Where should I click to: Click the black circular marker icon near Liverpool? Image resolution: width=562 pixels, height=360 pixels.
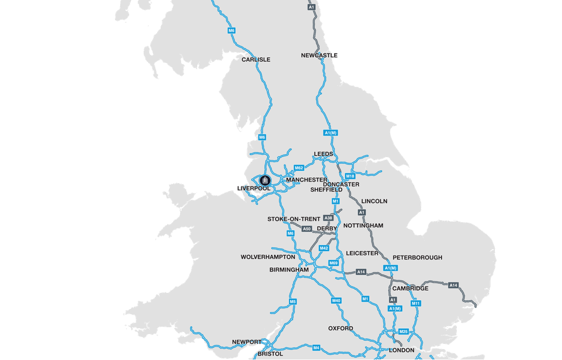[265, 181]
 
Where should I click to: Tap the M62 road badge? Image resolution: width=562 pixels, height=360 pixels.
[299, 168]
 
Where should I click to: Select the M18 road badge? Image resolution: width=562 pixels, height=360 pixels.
[350, 176]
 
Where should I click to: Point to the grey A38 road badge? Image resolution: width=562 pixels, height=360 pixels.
[328, 218]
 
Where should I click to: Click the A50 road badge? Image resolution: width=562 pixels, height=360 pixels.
[306, 229]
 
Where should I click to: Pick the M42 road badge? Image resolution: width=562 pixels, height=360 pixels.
[324, 248]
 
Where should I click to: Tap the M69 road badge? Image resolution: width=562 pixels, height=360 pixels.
[334, 263]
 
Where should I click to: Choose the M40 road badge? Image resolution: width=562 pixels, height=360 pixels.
[336, 301]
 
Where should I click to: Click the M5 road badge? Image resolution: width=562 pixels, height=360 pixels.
[292, 302]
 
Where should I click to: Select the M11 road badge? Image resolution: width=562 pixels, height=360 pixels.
[415, 303]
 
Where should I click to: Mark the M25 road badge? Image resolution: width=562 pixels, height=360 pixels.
[403, 331]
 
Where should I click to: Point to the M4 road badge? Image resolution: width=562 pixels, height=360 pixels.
[316, 348]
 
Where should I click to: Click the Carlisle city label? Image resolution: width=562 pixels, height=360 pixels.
[256, 60]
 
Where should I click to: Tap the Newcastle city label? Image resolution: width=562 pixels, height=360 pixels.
[319, 56]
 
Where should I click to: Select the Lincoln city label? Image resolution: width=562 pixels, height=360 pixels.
[374, 201]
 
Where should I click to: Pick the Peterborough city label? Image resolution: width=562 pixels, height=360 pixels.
[417, 258]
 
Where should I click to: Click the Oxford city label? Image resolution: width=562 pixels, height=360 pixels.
[340, 329]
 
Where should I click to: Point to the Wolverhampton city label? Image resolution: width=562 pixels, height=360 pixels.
[267, 257]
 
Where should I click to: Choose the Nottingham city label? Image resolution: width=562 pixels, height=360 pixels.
[363, 226]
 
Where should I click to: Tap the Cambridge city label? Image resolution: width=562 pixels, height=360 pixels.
[411, 289]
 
